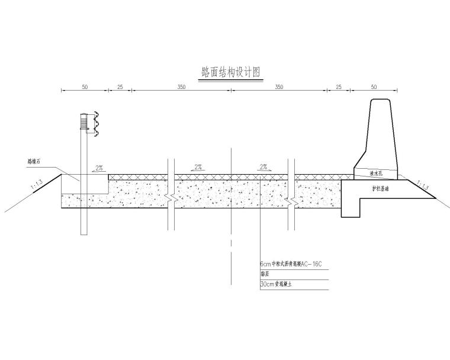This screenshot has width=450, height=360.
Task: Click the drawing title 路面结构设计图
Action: pos(231,72)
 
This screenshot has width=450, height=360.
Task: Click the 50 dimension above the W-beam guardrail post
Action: pos(85,87)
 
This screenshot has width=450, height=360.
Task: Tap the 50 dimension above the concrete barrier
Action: pos(373,87)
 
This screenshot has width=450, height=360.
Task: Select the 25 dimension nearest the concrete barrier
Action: pos(339,87)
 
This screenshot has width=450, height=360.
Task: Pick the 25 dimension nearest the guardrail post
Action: pos(120,87)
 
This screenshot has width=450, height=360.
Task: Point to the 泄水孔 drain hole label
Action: pos(377,174)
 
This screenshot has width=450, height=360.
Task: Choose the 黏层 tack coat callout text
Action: pos(264,274)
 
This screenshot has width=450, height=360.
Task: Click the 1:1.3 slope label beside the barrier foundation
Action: pos(424,185)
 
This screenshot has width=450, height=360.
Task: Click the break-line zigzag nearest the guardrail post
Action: pos(171,199)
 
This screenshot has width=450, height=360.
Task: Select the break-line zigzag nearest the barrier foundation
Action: pos(291,199)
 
